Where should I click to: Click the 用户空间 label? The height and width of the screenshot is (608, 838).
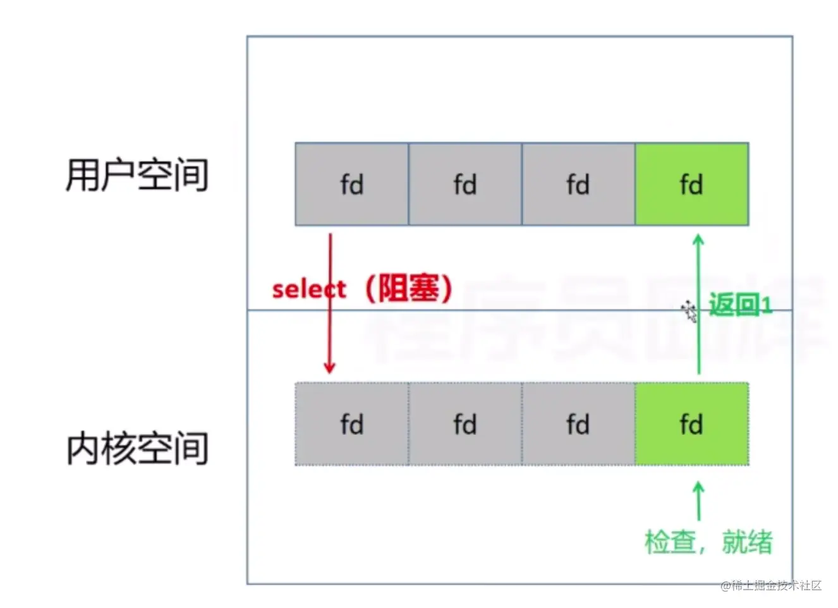point(137,175)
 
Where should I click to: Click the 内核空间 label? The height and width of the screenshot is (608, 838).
point(137,449)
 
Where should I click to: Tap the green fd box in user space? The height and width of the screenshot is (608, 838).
point(691,184)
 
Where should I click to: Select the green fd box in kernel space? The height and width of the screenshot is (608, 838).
point(691,424)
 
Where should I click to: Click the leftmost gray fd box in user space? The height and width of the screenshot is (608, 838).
point(351,184)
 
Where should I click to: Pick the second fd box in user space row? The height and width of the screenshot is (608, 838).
point(465,184)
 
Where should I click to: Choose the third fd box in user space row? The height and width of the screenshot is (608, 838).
point(578,184)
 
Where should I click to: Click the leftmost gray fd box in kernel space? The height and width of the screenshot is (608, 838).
point(351,424)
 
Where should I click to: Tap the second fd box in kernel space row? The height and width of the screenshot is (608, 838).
point(465,424)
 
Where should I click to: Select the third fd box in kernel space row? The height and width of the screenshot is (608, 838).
point(578,424)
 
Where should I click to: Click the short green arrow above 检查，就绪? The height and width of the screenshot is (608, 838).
point(698,501)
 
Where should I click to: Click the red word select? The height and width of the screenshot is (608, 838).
point(309,289)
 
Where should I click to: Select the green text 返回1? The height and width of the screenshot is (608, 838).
point(740,305)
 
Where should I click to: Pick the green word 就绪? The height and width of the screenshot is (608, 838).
point(748,542)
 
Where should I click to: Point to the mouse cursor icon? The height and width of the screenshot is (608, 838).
point(689,311)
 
